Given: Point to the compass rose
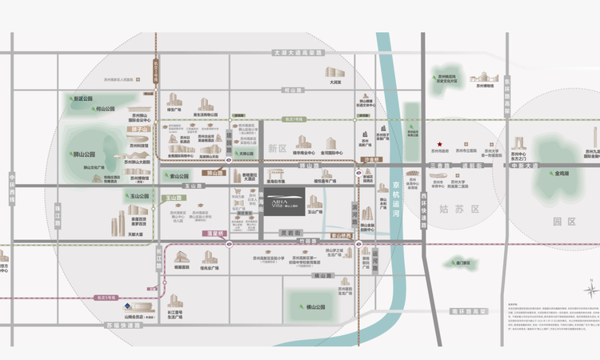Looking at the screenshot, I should tap(590, 288).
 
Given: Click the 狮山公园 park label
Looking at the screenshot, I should tap(83, 154).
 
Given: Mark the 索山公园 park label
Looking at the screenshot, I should tap(180, 176).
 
